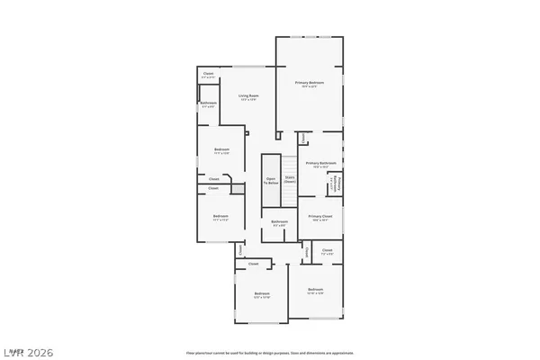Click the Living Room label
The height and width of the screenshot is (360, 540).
[x=247, y=95]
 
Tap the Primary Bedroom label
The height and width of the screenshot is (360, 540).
[x=309, y=82]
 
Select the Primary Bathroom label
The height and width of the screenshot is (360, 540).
[x=320, y=163]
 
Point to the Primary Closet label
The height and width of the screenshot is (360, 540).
[x=320, y=216]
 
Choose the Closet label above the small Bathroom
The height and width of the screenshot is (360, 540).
[x=208, y=76]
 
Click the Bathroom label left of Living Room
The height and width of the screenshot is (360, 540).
[x=208, y=103]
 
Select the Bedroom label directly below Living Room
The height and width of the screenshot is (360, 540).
[x=221, y=149]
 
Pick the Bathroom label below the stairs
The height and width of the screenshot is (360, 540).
[x=280, y=221]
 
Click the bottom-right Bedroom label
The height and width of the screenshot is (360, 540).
[x=315, y=289]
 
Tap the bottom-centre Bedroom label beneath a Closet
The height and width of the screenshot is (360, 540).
[x=262, y=294]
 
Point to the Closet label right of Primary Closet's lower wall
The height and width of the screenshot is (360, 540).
[x=327, y=249]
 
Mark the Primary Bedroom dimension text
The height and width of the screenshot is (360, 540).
[x=309, y=86]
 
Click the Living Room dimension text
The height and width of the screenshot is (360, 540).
[x=247, y=100]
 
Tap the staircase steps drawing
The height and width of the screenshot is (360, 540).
[x=290, y=166]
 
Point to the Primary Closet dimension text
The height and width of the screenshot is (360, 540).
[x=320, y=220]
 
